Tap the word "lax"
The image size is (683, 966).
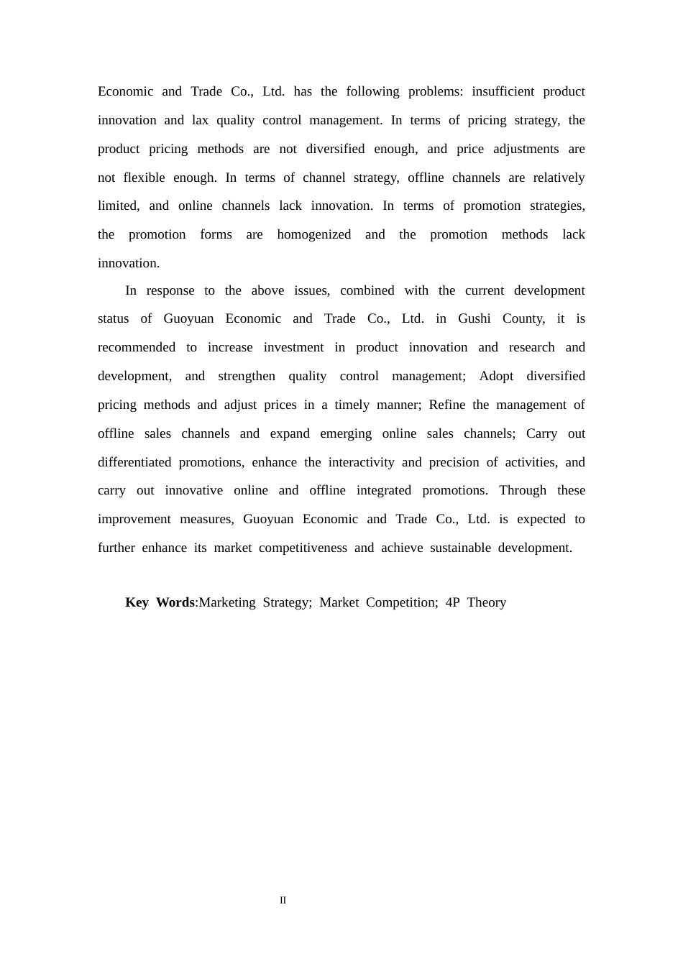click(200, 120)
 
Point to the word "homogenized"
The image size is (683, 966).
click(314, 234)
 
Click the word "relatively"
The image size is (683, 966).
click(559, 178)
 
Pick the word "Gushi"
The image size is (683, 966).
click(475, 318)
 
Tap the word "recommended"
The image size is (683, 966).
click(137, 347)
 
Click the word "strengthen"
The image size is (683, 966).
click(247, 376)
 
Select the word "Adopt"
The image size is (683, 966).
click(496, 376)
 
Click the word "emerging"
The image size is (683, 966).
click(347, 433)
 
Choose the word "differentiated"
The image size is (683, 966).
click(134, 462)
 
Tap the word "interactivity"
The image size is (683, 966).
click(361, 462)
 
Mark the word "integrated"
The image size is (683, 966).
click(384, 490)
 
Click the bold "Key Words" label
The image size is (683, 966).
click(160, 602)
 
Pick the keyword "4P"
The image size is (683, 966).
click(452, 602)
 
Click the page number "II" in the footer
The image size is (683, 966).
click(283, 900)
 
